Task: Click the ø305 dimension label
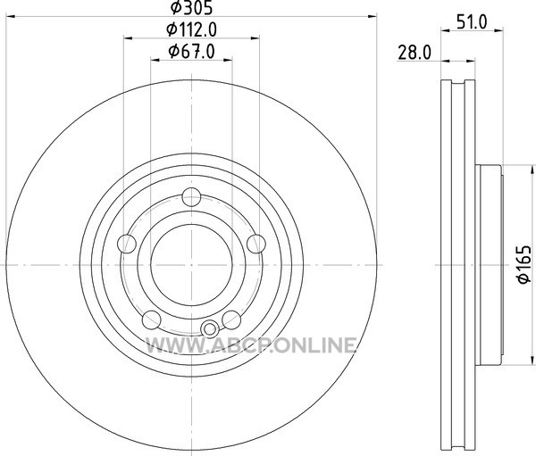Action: click(x=191, y=8)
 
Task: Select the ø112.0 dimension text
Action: click(x=191, y=30)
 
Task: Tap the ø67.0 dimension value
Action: click(x=191, y=52)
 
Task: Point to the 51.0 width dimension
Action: click(x=472, y=22)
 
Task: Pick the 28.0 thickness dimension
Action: click(x=415, y=53)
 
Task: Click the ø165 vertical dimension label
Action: click(x=524, y=264)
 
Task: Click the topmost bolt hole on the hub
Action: click(x=191, y=196)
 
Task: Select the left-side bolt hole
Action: click(x=127, y=244)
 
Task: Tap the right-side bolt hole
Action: click(x=256, y=244)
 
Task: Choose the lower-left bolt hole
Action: click(x=152, y=320)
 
